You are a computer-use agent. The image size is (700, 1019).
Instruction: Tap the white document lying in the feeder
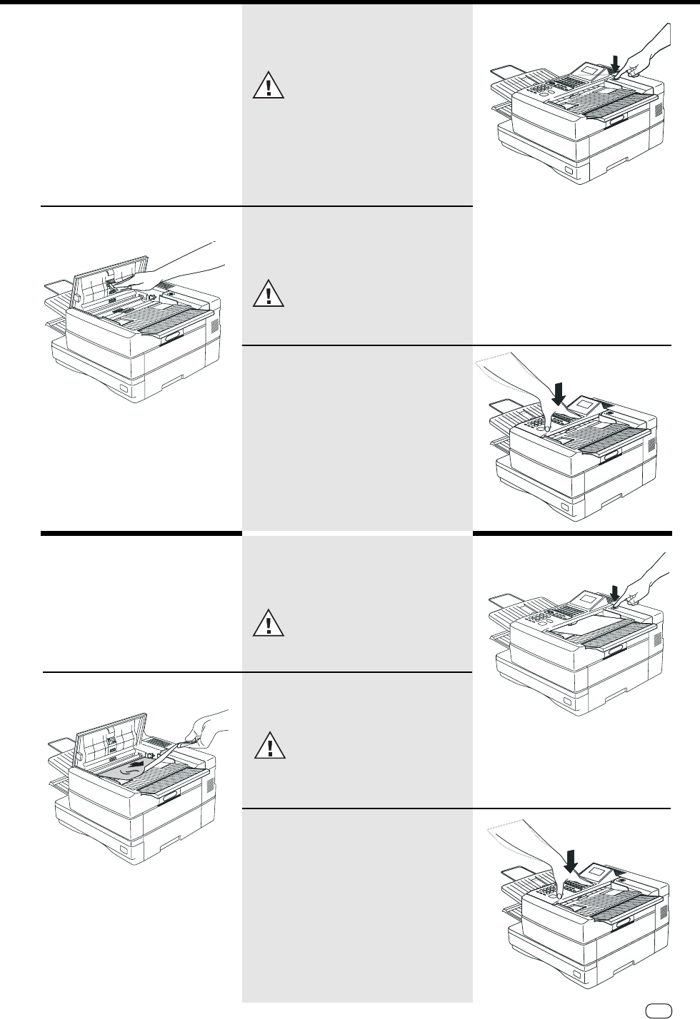click(579, 624)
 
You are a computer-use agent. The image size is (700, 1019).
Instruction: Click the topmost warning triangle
click(269, 86)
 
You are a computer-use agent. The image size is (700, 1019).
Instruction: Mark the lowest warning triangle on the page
click(269, 746)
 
